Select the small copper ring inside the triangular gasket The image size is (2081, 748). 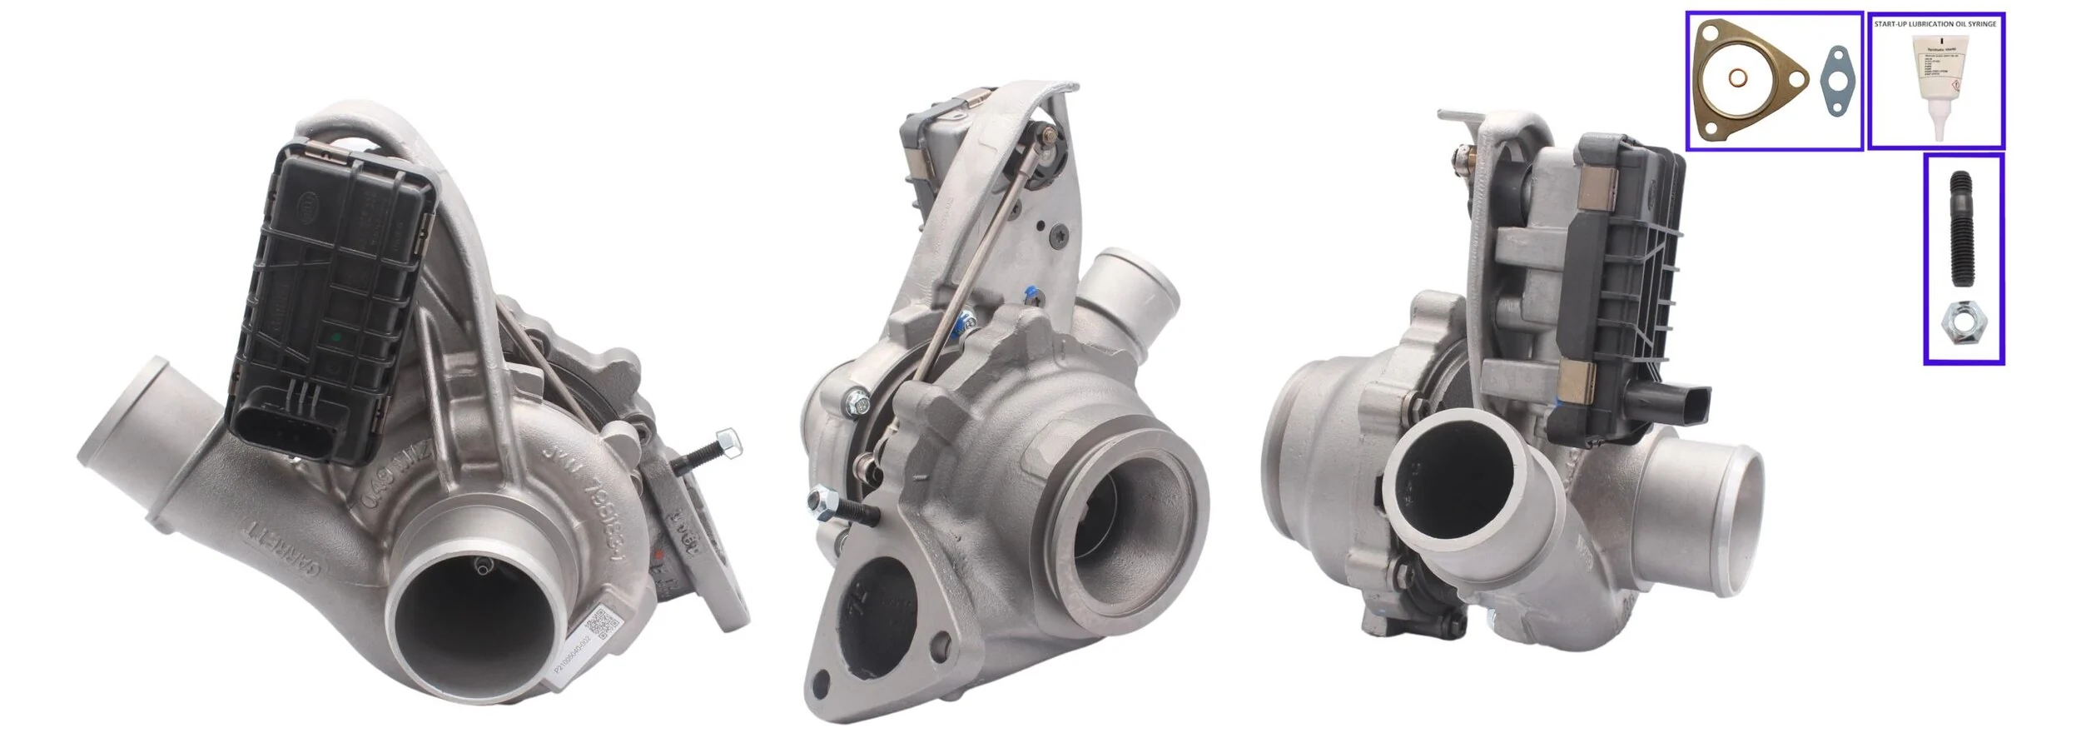pyautogui.click(x=1739, y=78)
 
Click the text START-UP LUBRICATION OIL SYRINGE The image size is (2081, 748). pyautogui.click(x=1934, y=24)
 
